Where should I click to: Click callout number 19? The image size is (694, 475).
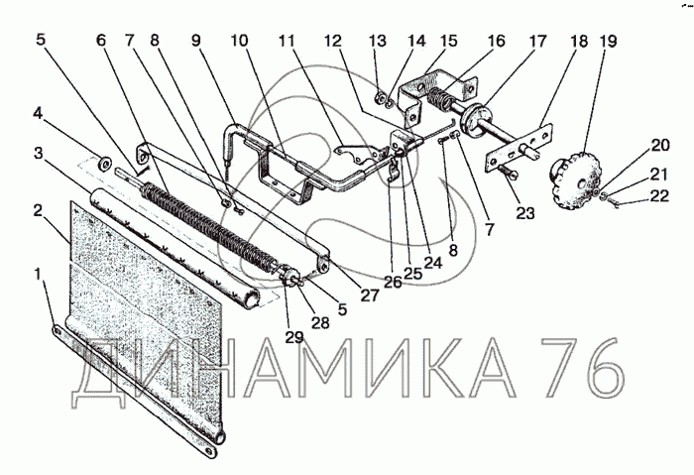[x=608, y=42]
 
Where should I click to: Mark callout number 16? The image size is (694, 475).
[x=495, y=42]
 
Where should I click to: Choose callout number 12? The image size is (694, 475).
[x=332, y=42]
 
